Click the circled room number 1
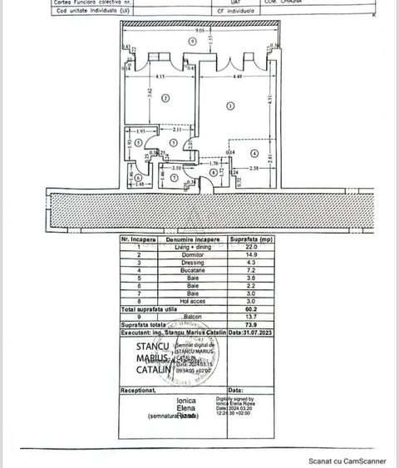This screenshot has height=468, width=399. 229,106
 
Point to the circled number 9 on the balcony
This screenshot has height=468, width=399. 191,40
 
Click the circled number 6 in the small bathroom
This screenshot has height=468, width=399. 138,177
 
